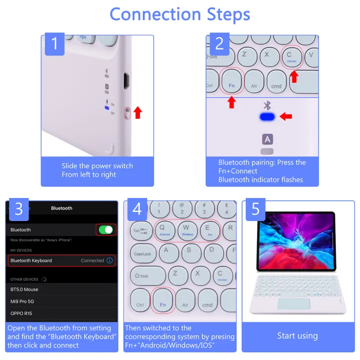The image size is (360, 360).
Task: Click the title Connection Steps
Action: (x=179, y=14)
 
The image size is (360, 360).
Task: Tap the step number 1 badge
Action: (x=55, y=45)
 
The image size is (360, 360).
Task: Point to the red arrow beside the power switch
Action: (x=138, y=112)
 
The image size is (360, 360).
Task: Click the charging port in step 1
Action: (x=127, y=79)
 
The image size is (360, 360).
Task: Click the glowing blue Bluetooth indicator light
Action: (x=267, y=117)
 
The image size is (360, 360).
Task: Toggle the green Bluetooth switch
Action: (x=105, y=230)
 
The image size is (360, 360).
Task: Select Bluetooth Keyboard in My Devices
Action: (x=31, y=260)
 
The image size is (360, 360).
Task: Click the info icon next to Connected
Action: (x=109, y=260)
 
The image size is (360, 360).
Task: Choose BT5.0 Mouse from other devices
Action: (x=24, y=289)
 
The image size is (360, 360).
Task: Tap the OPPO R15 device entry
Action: (x=22, y=313)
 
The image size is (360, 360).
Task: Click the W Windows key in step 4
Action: (x=187, y=230)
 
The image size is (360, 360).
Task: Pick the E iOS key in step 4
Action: (x=209, y=230)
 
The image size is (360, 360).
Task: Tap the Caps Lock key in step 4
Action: (x=143, y=253)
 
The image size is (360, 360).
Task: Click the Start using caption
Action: (x=297, y=336)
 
